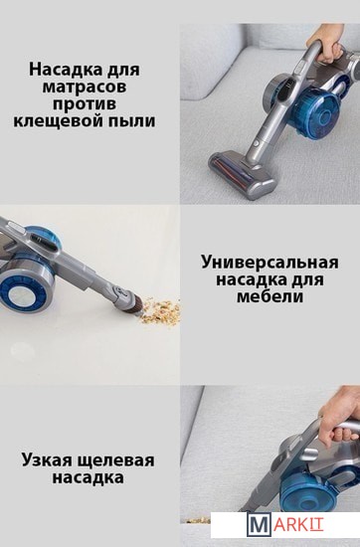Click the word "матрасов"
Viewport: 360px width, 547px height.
(x=85, y=87)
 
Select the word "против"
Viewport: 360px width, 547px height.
(x=85, y=104)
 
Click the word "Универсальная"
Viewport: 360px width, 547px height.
(x=270, y=263)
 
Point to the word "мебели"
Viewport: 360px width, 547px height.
(x=270, y=297)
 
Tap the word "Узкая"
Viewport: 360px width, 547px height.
(x=46, y=460)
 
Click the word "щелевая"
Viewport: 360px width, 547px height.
(x=114, y=461)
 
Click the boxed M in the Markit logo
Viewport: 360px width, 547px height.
(x=259, y=524)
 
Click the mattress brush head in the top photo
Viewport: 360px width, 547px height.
(x=243, y=174)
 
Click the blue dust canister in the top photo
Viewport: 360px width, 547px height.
(x=319, y=109)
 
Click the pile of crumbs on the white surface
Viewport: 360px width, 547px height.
(x=160, y=310)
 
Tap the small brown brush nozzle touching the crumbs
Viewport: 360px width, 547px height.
(x=134, y=304)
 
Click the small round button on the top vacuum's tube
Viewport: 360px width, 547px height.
(x=257, y=143)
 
